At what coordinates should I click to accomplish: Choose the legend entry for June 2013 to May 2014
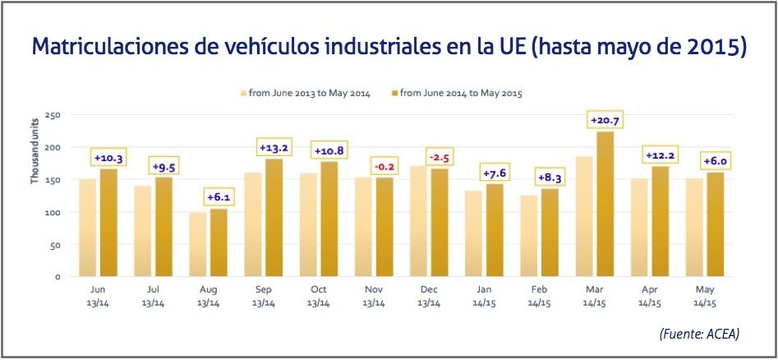[304, 93]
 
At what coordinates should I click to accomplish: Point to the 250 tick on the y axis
[53, 115]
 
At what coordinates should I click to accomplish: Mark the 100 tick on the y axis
[53, 212]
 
